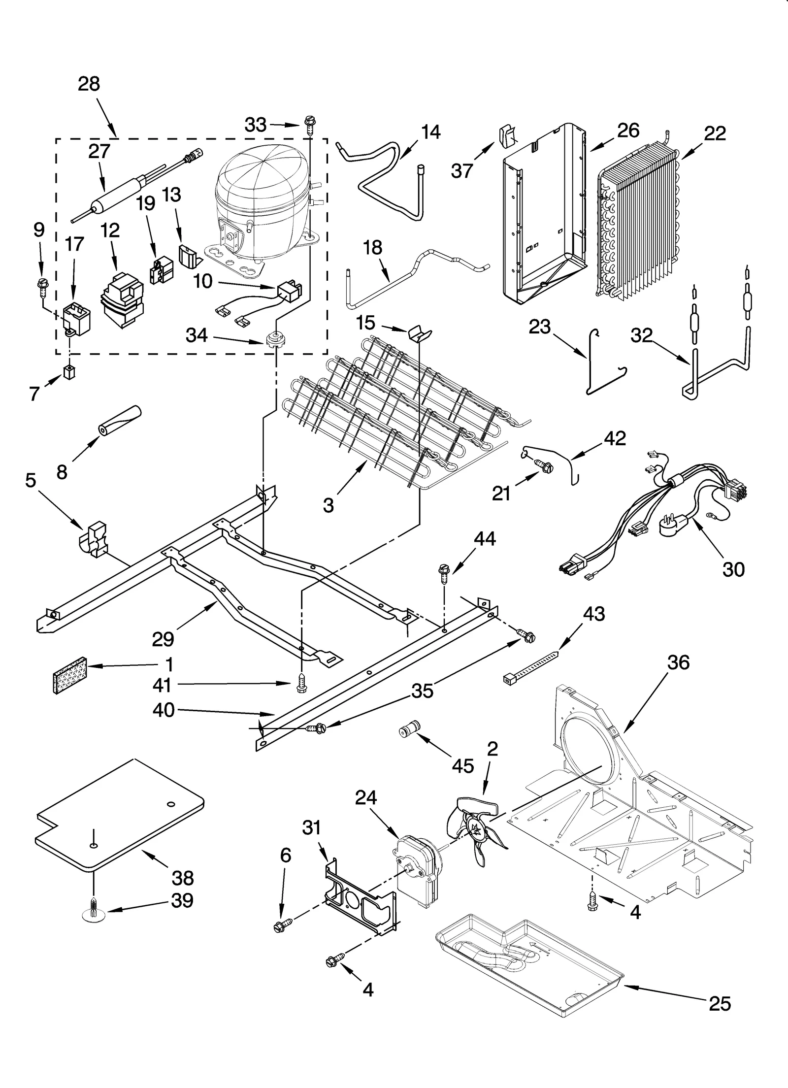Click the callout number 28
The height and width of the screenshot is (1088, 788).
(x=89, y=84)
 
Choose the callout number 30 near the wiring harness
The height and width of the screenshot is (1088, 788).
(x=733, y=569)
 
